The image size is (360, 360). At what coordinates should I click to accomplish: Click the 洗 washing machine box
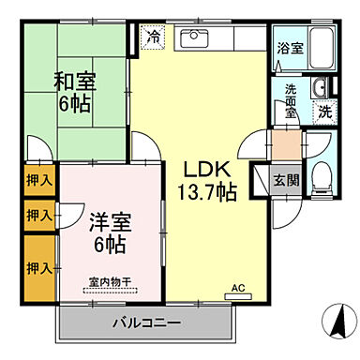point(322,111)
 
